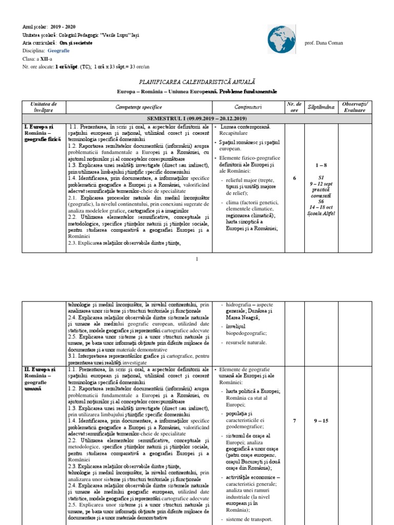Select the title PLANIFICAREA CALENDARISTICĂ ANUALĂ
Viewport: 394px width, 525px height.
click(x=197, y=82)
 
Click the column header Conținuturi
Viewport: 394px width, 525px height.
click(x=248, y=107)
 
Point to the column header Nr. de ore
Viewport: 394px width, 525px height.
click(x=294, y=107)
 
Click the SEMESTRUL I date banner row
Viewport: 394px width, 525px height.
click(x=197, y=118)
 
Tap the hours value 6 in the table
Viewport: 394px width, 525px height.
click(x=294, y=178)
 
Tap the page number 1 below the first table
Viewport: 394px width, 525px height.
click(x=197, y=259)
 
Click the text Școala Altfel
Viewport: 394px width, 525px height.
click(x=322, y=213)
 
